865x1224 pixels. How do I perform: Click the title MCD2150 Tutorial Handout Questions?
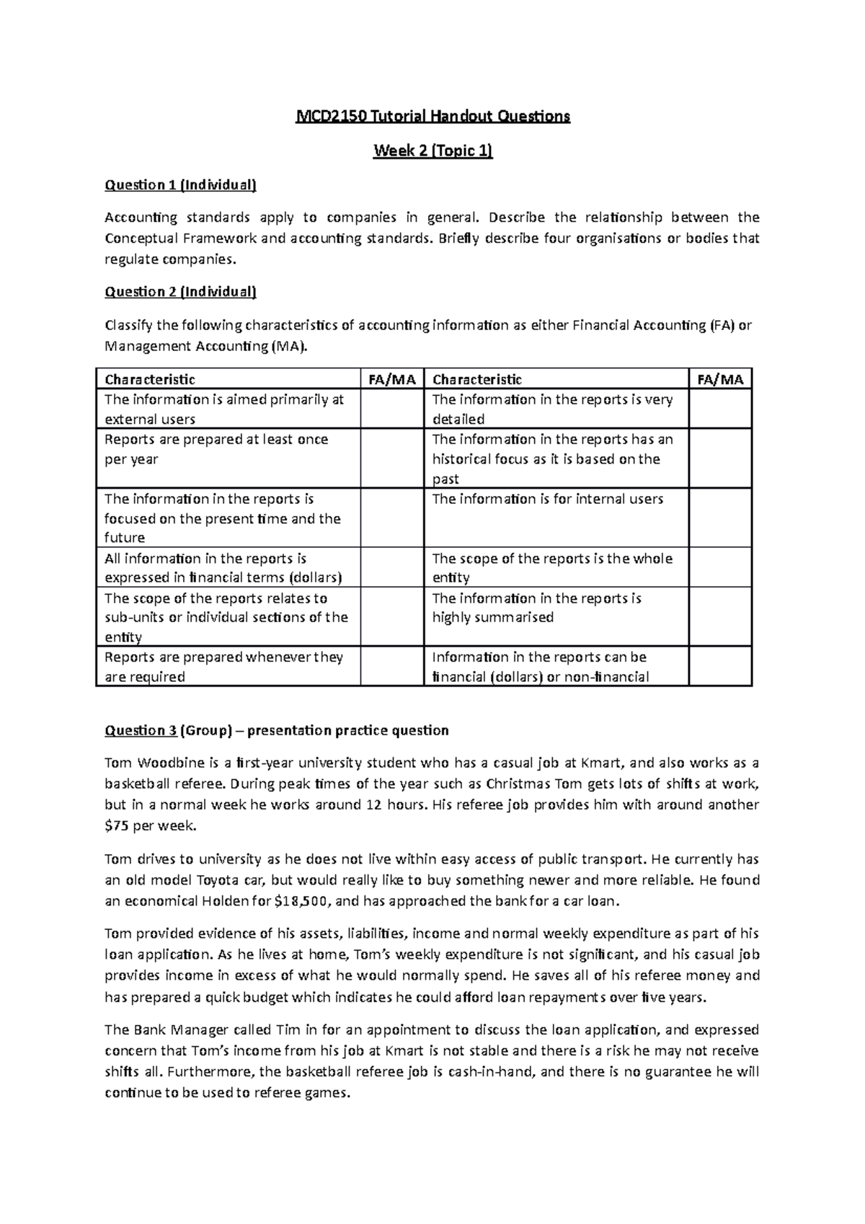[x=432, y=116]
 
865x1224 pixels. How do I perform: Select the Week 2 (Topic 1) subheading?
[x=432, y=151]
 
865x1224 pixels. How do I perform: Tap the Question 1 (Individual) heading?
[x=180, y=185]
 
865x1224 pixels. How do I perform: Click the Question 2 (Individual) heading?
[x=180, y=292]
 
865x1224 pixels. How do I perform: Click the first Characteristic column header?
[x=150, y=379]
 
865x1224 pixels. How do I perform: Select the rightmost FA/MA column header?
[x=720, y=379]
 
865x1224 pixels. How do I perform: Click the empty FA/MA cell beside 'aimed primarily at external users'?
[x=391, y=409]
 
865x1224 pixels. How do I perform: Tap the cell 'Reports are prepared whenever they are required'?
[x=223, y=667]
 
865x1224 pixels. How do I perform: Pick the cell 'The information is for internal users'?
[x=547, y=499]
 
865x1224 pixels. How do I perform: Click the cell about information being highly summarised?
[x=536, y=608]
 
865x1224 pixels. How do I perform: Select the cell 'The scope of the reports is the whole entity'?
[x=551, y=568]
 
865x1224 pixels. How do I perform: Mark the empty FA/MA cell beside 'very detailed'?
[x=720, y=409]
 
